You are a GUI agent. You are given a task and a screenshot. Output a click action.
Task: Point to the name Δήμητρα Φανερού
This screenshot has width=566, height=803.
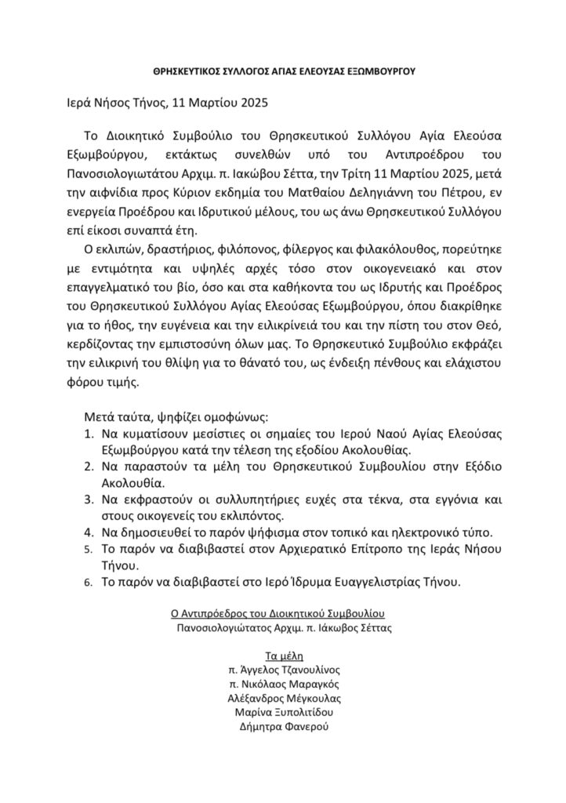282,727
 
